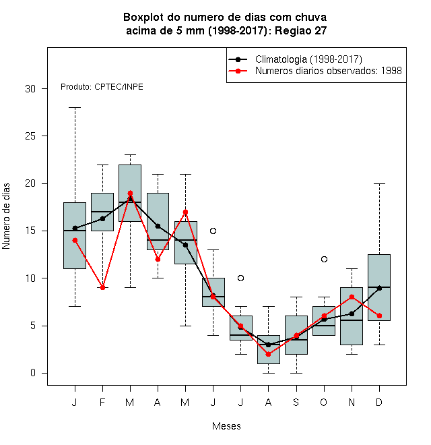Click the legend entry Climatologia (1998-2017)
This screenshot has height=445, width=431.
pyautogui.click(x=308, y=59)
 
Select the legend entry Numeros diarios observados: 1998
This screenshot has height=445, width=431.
pyautogui.click(x=329, y=71)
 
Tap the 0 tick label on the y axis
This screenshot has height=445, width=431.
pyautogui.click(x=33, y=373)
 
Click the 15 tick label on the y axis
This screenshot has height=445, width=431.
pyautogui.click(x=30, y=231)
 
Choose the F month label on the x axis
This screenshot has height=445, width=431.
pyautogui.click(x=102, y=402)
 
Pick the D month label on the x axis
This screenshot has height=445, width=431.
pyautogui.click(x=379, y=402)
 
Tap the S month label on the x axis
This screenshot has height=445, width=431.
pyautogui.click(x=296, y=402)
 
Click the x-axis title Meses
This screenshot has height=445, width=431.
pyautogui.click(x=226, y=426)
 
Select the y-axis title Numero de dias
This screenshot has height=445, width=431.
pyautogui.click(x=6, y=216)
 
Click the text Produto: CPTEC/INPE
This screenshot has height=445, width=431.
pyautogui.click(x=102, y=87)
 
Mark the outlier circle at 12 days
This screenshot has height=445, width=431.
pyautogui.click(x=324, y=259)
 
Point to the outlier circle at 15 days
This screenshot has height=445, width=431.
pyautogui.click(x=213, y=231)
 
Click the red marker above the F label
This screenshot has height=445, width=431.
pyautogui.click(x=102, y=287)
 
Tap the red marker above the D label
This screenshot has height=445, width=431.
pyautogui.click(x=379, y=316)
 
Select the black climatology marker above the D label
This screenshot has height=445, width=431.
pyautogui.click(x=379, y=288)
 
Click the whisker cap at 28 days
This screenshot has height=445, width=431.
pyautogui.click(x=75, y=108)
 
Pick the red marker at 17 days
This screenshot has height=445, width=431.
pyautogui.click(x=185, y=212)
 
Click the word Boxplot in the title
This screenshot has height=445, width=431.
pyautogui.click(x=143, y=18)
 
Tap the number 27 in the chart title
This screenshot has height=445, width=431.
pyautogui.click(x=321, y=30)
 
